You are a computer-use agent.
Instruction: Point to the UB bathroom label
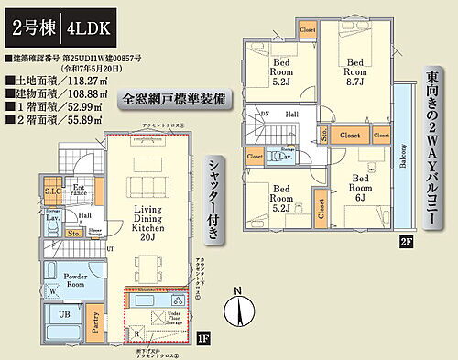[x=63, y=314]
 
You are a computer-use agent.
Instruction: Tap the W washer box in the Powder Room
[x=50, y=292]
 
